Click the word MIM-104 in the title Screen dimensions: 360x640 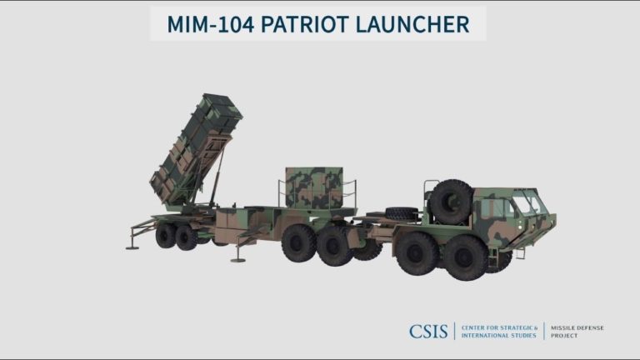[211, 24]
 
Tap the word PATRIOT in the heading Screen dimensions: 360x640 [307, 24]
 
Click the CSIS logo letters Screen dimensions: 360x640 [430, 331]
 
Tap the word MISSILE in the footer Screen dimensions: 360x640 [564, 327]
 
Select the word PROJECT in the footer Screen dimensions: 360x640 [564, 335]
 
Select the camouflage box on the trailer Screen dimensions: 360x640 [314, 187]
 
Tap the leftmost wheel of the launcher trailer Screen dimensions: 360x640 [165, 235]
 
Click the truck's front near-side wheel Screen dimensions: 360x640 [465, 257]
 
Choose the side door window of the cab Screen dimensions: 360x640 [493, 207]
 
